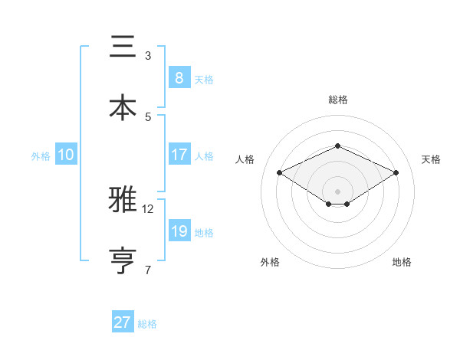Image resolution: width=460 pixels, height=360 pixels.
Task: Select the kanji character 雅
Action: click(x=122, y=201)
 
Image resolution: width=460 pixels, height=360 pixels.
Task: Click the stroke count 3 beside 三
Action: click(x=148, y=56)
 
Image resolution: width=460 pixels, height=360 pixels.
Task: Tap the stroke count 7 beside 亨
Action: click(x=148, y=269)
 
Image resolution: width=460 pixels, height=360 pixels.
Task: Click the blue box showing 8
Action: click(x=179, y=78)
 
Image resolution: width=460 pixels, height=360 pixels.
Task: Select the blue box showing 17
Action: click(x=179, y=155)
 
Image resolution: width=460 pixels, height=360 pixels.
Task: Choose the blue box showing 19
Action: click(x=179, y=231)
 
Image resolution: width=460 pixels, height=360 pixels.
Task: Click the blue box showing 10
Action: click(x=65, y=155)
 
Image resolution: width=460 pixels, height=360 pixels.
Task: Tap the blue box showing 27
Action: click(x=122, y=322)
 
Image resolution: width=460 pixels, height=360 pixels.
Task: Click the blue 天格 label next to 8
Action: click(x=203, y=80)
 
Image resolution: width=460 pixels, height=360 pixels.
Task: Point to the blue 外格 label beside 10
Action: click(x=41, y=156)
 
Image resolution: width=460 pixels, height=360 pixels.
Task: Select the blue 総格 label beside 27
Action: click(x=147, y=324)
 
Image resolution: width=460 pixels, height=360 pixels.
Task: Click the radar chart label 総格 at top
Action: click(x=337, y=100)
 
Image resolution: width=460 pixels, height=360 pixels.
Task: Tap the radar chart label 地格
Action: click(x=402, y=263)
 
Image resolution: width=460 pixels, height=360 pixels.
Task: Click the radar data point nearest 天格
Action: click(x=396, y=172)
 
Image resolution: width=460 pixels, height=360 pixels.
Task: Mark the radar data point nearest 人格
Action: click(x=280, y=172)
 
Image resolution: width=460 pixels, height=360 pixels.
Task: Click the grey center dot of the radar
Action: click(x=337, y=191)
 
